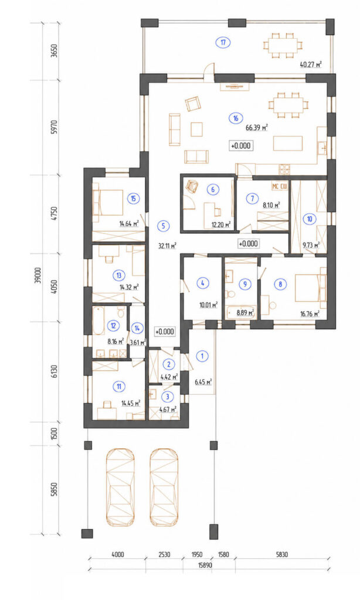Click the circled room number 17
pyautogui.click(x=223, y=42)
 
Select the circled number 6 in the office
pyautogui.click(x=213, y=189)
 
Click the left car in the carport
pyautogui.click(x=120, y=487)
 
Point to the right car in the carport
pyautogui.click(x=164, y=487)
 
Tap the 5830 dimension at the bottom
pyautogui.click(x=281, y=554)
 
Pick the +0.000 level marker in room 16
pyautogui.click(x=241, y=145)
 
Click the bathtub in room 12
pyautogui.click(x=99, y=321)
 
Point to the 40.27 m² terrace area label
pyautogui.click(x=310, y=64)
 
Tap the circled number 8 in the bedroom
pyautogui.click(x=281, y=284)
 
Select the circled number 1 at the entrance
pyautogui.click(x=202, y=356)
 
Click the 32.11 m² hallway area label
pyautogui.click(x=167, y=246)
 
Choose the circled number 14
pyautogui.click(x=137, y=328)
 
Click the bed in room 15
pyautogui.click(x=108, y=203)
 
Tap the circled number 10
pyautogui.click(x=310, y=219)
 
